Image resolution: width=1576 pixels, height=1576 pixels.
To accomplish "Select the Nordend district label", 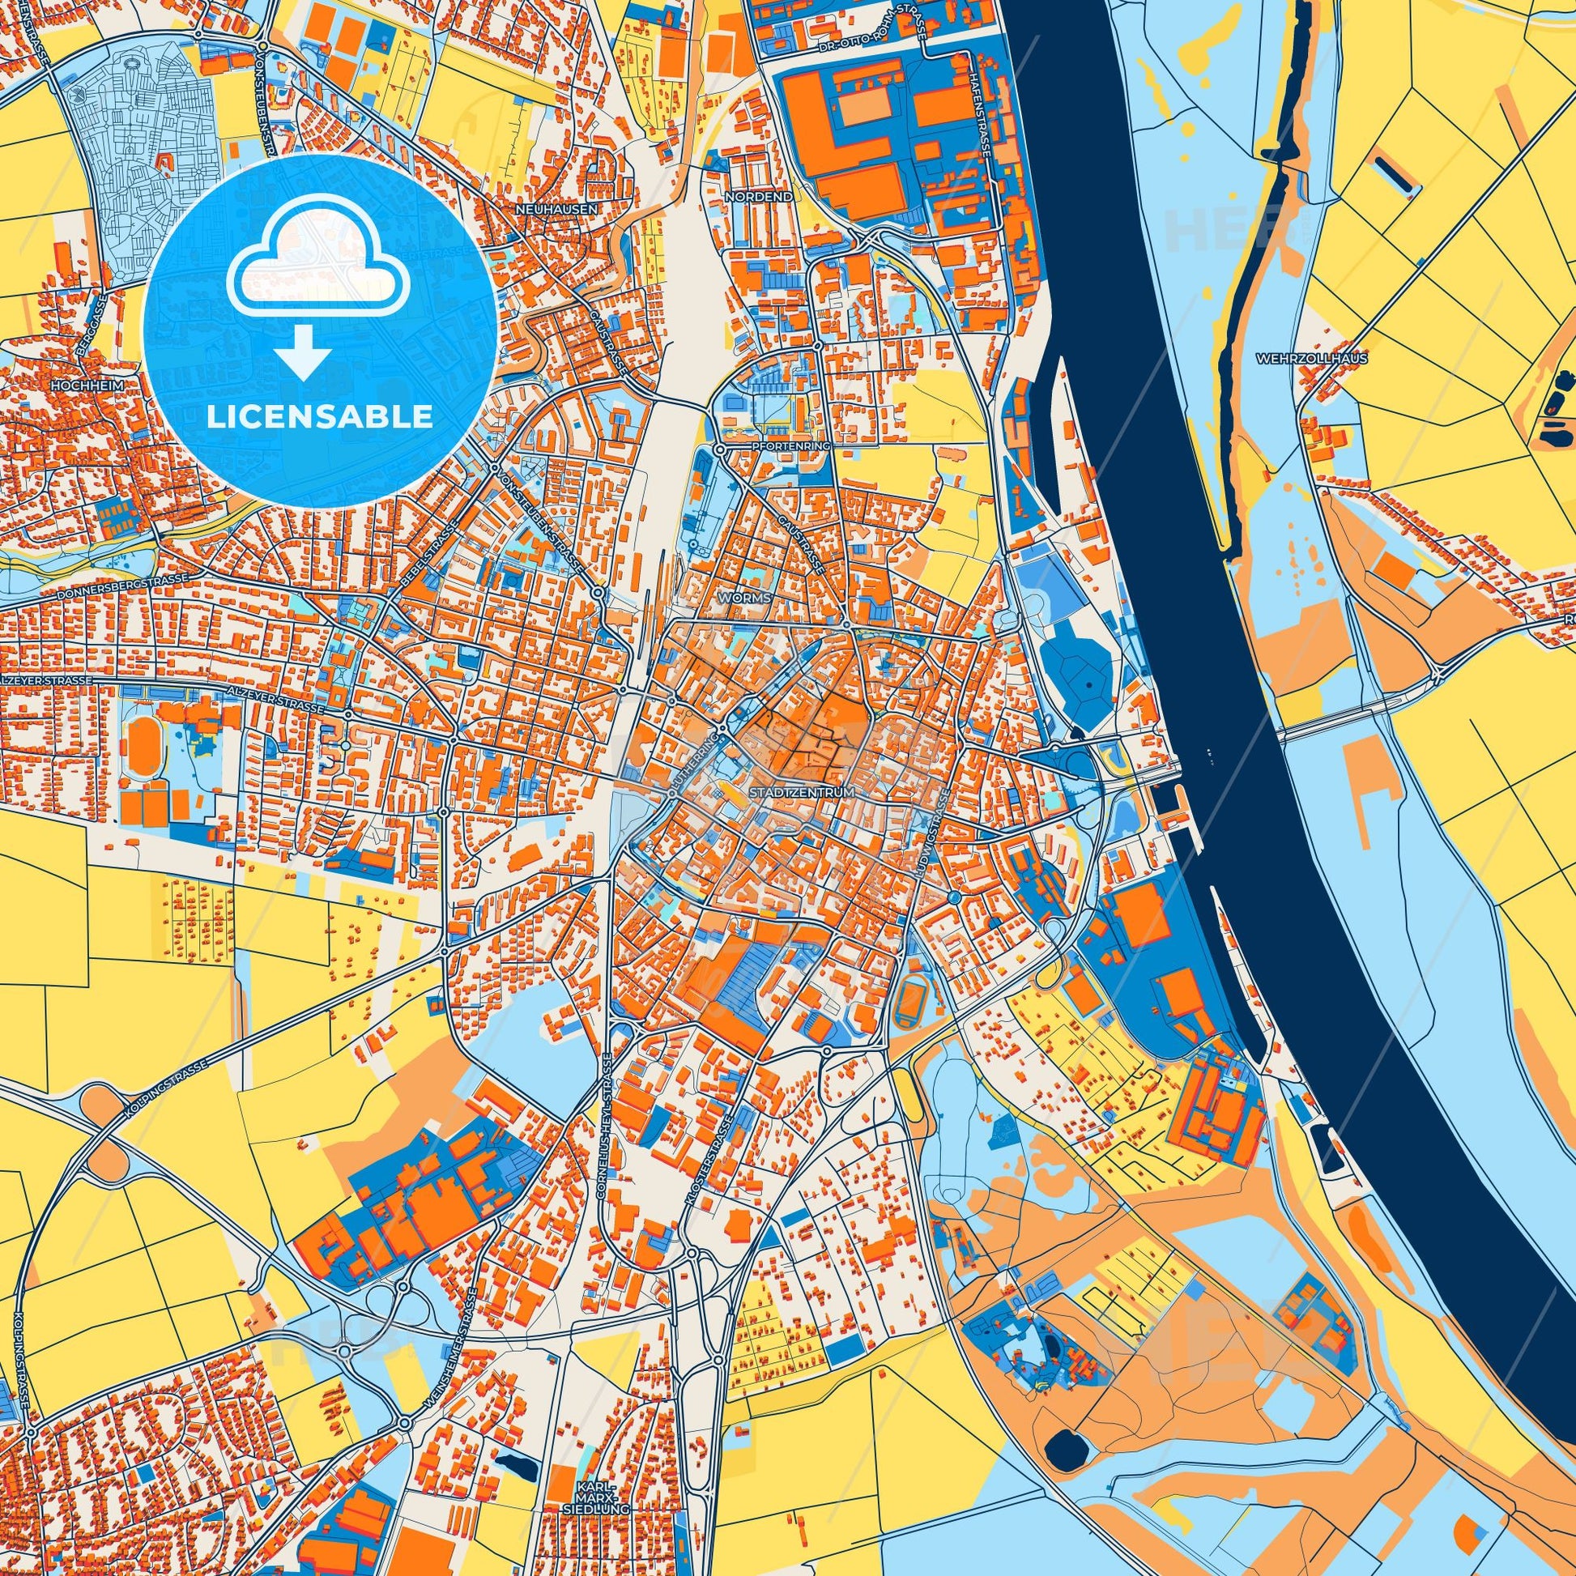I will [747, 198].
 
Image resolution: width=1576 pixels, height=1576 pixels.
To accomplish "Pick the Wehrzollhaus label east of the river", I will [1312, 358].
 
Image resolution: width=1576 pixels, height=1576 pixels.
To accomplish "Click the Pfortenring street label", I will [790, 447].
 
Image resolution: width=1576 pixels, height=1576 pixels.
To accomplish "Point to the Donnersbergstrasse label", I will [122, 587].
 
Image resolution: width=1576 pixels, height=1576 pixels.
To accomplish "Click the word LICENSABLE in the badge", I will [319, 417].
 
